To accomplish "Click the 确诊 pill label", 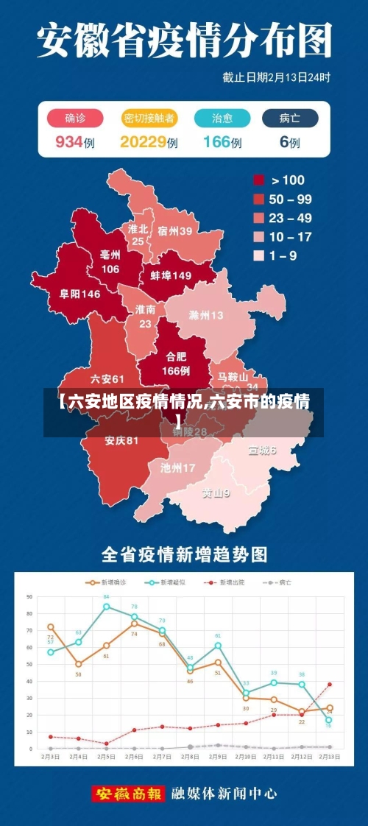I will [x=74, y=119].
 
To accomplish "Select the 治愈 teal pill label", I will [x=222, y=119].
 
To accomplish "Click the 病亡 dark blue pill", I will [x=290, y=119].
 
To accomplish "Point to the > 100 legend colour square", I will [x=259, y=180].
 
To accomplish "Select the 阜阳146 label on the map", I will [x=80, y=294].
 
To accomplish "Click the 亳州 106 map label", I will [x=110, y=261].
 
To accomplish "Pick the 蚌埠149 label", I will [x=171, y=275].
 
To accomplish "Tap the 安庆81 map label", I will [x=121, y=441].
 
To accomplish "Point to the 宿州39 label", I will [x=174, y=230].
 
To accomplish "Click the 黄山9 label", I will [x=216, y=493].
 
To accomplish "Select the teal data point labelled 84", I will [x=106, y=607].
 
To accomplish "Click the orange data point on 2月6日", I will [x=134, y=623].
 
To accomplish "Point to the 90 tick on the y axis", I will [x=29, y=596].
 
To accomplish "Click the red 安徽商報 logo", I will [x=128, y=794].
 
